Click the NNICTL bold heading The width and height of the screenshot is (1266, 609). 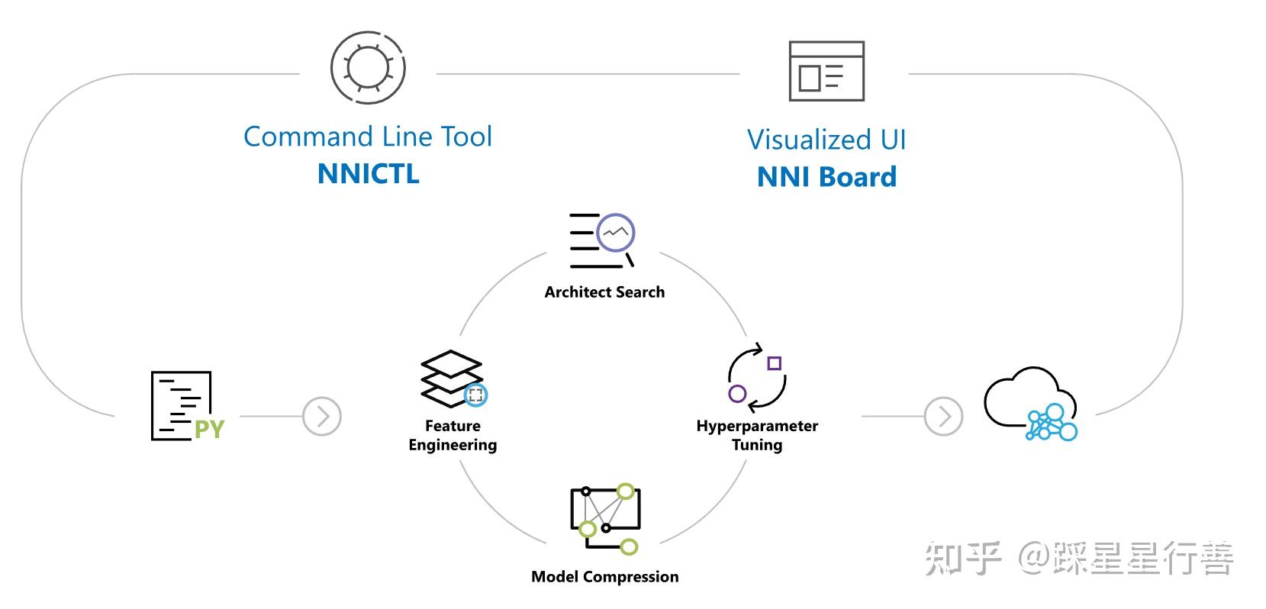(x=368, y=173)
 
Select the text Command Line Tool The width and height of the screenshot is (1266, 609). (x=368, y=137)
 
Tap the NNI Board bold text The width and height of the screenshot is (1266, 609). (x=826, y=177)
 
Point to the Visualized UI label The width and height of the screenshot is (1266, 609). (x=826, y=140)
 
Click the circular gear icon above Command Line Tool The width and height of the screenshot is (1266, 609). (x=368, y=68)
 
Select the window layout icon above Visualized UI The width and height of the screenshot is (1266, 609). (x=826, y=71)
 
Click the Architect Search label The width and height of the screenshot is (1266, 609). (x=604, y=292)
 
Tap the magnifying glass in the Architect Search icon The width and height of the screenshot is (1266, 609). (x=617, y=234)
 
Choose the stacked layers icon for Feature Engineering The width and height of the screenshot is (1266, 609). (x=452, y=379)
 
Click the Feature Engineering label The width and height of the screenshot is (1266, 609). (x=453, y=435)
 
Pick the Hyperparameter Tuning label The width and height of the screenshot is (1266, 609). (x=757, y=435)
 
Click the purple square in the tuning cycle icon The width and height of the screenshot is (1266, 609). (x=775, y=363)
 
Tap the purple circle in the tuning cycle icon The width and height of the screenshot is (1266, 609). (x=737, y=394)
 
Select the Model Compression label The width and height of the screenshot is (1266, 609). (x=604, y=577)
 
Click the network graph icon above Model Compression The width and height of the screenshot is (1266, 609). (x=605, y=518)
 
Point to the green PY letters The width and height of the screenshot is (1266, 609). (x=209, y=430)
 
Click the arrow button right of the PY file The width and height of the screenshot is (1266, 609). (x=322, y=417)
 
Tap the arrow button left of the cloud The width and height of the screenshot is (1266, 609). (x=943, y=417)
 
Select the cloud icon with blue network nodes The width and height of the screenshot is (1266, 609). (x=1031, y=404)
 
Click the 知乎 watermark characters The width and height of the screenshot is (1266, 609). (x=962, y=559)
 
